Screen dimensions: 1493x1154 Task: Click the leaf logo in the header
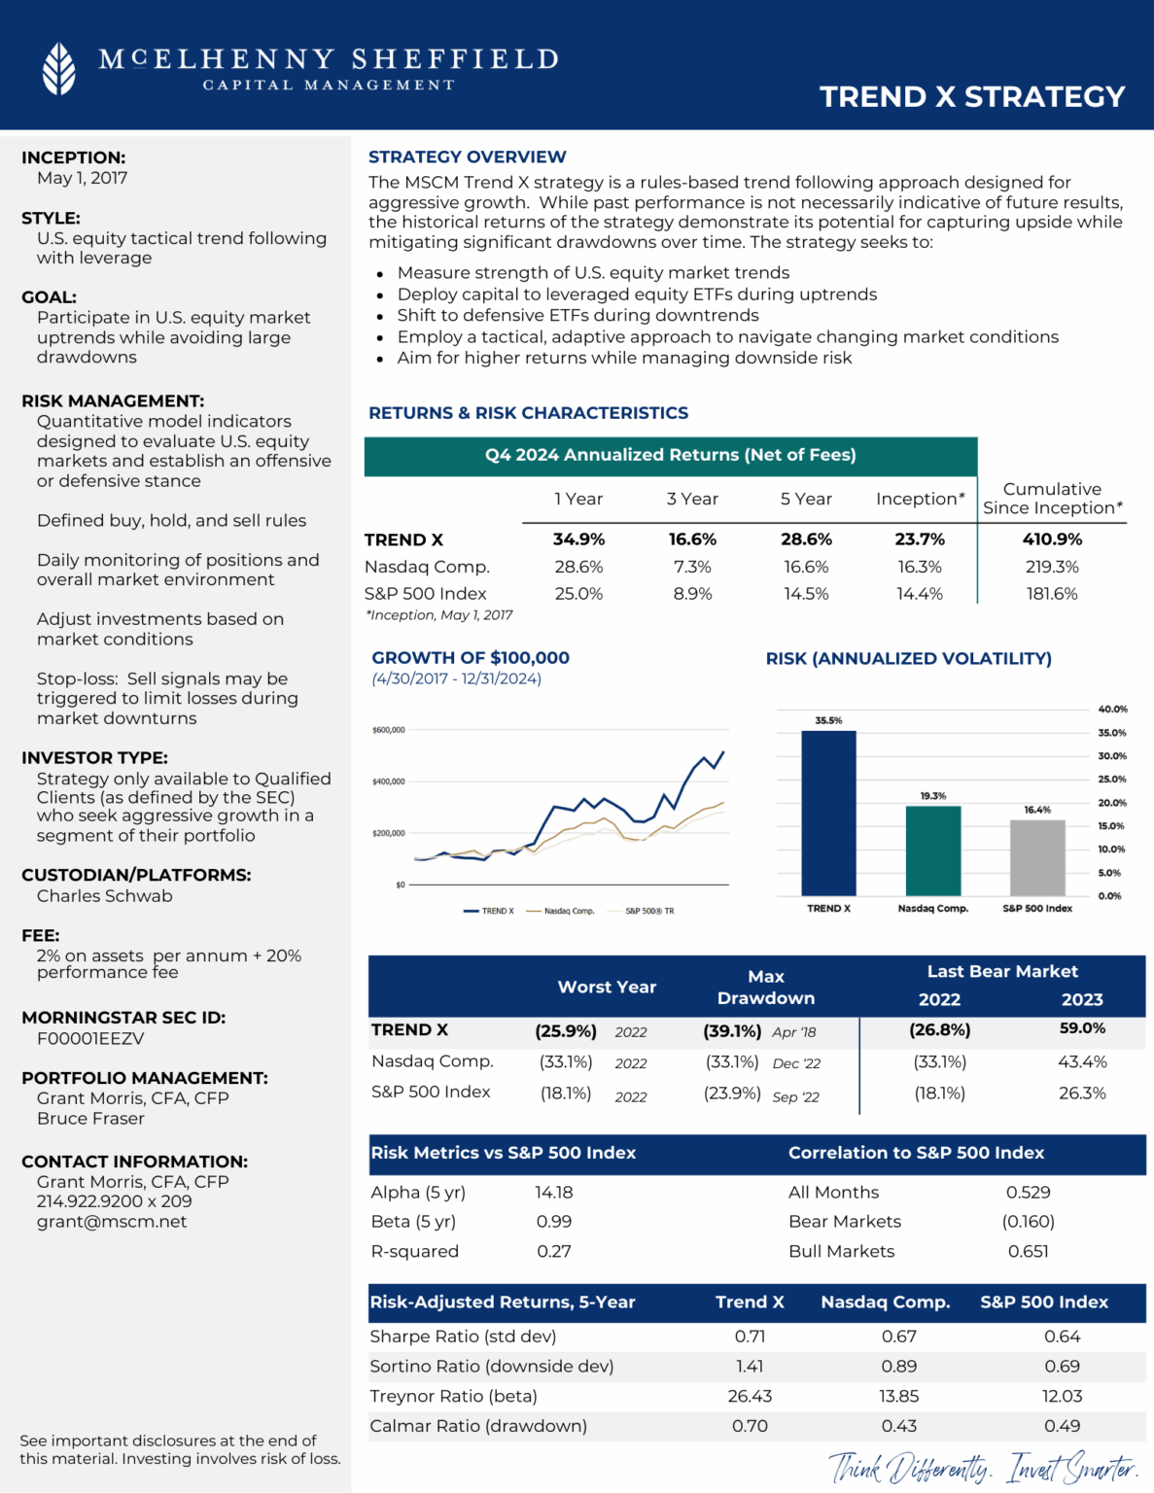tap(59, 69)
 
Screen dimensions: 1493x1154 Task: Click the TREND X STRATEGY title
tap(971, 96)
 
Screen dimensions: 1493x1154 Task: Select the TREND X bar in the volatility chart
tap(828, 813)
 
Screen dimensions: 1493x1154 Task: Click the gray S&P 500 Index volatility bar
tap(1037, 857)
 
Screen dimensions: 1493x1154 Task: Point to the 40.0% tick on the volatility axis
tap(1112, 710)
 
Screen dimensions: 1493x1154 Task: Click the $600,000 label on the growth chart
tap(388, 730)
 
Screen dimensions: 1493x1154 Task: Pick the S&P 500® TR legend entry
tap(648, 911)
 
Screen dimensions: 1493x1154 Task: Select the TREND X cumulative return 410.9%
tap(1052, 538)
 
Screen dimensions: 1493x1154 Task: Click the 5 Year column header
tap(806, 499)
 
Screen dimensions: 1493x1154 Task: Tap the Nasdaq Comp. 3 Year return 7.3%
tap(692, 567)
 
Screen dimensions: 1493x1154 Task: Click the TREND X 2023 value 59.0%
tap(1082, 1028)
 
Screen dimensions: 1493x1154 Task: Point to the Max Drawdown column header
tap(766, 987)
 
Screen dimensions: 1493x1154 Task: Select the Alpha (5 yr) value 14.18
tap(554, 1192)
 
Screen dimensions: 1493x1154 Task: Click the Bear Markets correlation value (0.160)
tap(1028, 1221)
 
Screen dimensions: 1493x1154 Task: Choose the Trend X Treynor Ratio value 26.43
tap(750, 1396)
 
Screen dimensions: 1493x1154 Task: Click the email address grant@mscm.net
tap(112, 1222)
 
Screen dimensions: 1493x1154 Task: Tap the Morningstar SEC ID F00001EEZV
tap(90, 1038)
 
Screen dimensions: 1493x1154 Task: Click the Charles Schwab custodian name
tap(105, 896)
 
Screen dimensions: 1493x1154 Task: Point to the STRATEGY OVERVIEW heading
tap(467, 156)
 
